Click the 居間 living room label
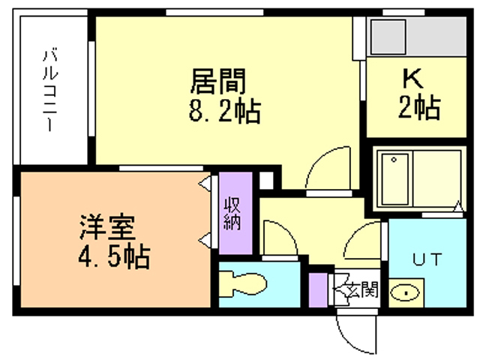tap(218, 81)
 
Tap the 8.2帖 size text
tap(225, 110)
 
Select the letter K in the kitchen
tap(413, 78)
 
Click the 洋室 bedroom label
tap(107, 227)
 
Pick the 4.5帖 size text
tap(114, 256)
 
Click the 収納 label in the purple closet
tap(232, 214)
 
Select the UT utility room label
tap(427, 259)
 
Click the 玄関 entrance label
tap(364, 289)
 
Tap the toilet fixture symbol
tap(243, 283)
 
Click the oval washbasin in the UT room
tap(405, 293)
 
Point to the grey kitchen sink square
tap(388, 37)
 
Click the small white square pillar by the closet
tap(266, 181)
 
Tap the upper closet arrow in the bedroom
tap(205, 184)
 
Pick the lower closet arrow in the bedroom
tap(205, 240)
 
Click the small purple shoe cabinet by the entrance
tap(318, 290)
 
